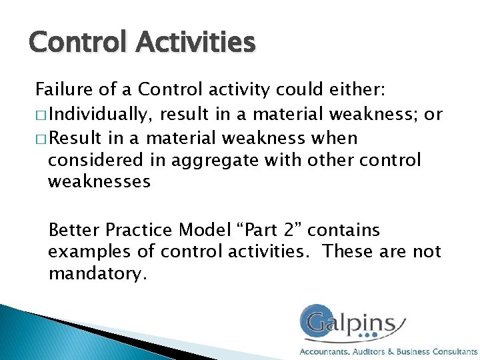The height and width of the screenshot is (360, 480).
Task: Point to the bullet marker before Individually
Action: click(41, 115)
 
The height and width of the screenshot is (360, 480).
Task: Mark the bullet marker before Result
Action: click(41, 139)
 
